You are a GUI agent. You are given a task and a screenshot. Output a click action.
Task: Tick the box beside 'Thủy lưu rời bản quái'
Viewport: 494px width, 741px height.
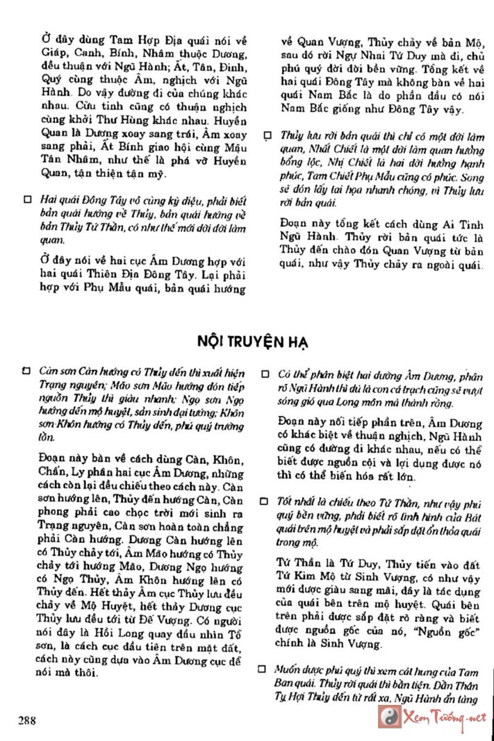coord(268,136)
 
